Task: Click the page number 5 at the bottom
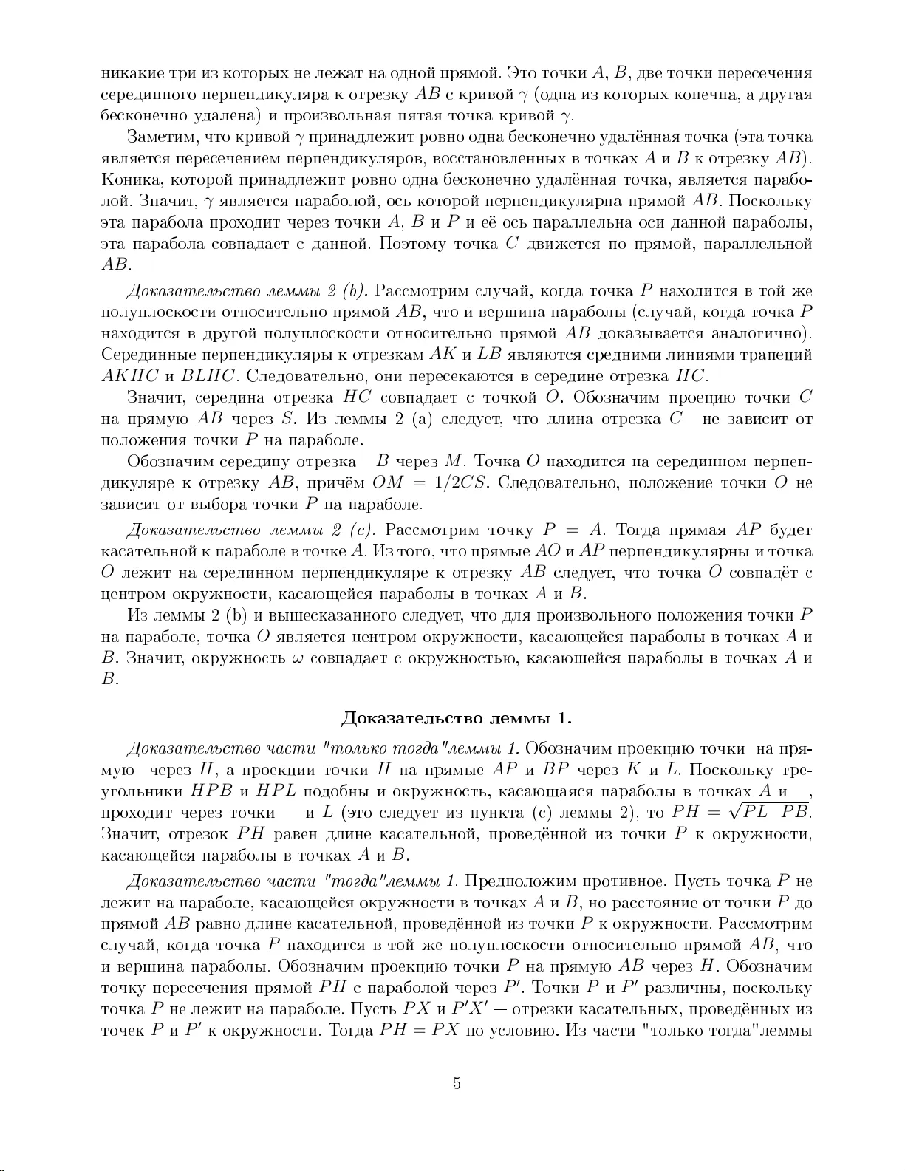tap(457, 1084)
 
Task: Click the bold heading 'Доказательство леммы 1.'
tap(457, 718)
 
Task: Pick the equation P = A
tap(574, 530)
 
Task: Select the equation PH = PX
tap(420, 1031)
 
